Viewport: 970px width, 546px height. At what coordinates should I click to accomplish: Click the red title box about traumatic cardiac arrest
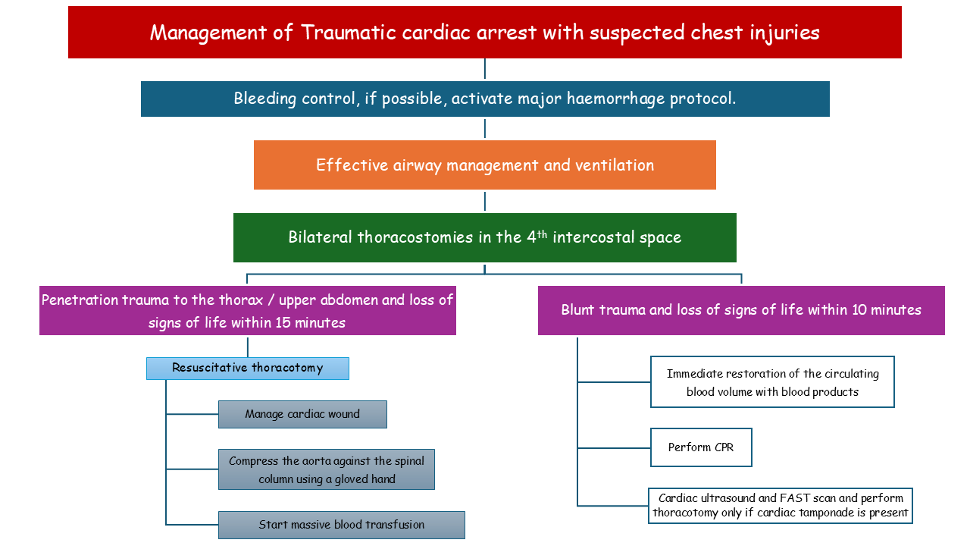pos(485,33)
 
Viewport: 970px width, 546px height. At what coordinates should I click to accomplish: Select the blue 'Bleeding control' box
pos(485,99)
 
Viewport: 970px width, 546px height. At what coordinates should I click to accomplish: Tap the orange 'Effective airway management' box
pos(485,165)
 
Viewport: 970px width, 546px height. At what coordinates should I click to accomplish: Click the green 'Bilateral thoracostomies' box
pos(485,237)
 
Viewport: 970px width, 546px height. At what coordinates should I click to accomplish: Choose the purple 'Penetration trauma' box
pos(248,311)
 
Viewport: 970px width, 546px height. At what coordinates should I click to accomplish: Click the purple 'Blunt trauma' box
pos(741,310)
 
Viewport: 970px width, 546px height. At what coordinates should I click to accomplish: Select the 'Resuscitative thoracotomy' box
pos(248,369)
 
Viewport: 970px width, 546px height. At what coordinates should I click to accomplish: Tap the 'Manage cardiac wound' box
pos(302,414)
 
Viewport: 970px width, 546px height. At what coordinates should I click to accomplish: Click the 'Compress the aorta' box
pos(327,469)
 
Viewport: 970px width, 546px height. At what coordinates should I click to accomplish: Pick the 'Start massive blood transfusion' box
pos(341,525)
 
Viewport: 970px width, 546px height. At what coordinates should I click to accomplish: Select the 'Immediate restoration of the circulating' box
pos(772,382)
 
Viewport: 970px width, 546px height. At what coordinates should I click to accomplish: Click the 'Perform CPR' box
pos(701,447)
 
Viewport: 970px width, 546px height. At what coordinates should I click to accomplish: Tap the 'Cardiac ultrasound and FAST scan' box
pos(781,506)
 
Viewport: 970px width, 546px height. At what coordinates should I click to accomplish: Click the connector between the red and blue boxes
pos(485,70)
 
